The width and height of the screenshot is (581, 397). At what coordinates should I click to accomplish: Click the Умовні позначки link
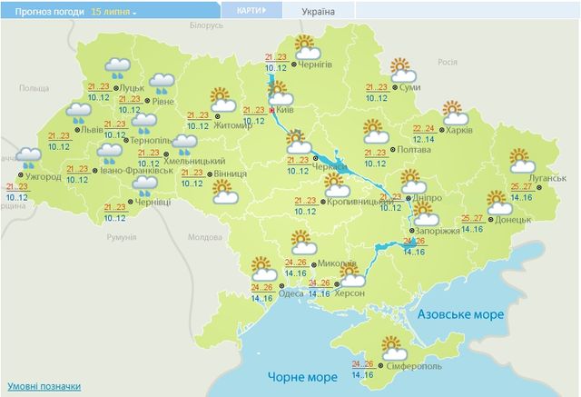click(37, 385)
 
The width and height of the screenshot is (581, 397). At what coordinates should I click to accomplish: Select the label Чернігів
click(326, 65)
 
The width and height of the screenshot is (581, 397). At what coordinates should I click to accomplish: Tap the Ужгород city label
click(43, 176)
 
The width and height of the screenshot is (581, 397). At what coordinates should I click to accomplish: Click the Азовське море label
click(460, 313)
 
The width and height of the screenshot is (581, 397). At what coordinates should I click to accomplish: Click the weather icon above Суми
click(401, 68)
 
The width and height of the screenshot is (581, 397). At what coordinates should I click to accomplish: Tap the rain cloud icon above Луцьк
click(117, 68)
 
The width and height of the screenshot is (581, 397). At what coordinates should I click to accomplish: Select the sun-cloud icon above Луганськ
click(522, 161)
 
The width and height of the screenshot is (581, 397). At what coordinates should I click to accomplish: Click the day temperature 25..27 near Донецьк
click(472, 218)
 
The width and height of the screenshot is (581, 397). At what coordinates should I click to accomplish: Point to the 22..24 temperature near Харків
click(424, 129)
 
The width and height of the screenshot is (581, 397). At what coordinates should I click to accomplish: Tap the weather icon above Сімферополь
click(394, 347)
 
